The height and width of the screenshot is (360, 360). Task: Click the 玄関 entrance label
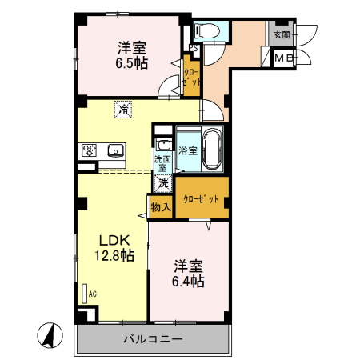pos(281,34)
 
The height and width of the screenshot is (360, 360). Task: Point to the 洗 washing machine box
pos(163,182)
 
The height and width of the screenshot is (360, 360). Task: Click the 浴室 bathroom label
pos(188,150)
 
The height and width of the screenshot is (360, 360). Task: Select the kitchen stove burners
pos(88,150)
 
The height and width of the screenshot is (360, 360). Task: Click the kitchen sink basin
pos(115,150)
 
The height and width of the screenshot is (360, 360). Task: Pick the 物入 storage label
pos(161,207)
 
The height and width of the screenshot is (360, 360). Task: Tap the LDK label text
pos(113,240)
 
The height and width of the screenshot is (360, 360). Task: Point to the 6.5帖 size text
pos(130,63)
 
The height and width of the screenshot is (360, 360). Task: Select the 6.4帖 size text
pos(188,282)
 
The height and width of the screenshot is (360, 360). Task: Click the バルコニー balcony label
pos(153,338)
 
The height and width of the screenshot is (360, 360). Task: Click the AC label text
pos(93,294)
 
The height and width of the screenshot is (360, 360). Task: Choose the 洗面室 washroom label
pos(162,163)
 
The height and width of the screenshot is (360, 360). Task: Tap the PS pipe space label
pos(193,46)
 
